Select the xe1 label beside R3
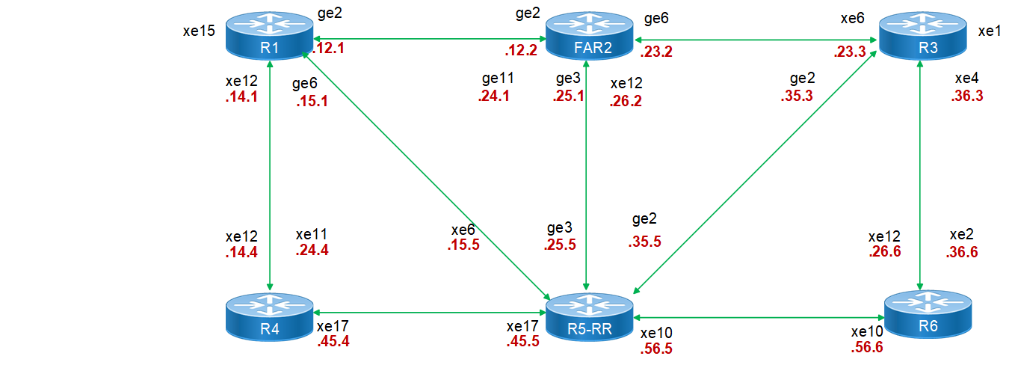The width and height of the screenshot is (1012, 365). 989,31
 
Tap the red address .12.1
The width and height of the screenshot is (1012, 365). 327,48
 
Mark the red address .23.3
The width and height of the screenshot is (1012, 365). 849,53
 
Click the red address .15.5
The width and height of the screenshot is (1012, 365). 463,245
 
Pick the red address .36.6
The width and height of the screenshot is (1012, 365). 961,252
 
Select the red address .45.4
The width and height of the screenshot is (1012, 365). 333,342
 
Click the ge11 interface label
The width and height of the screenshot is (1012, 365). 497,79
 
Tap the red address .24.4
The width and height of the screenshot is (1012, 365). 312,251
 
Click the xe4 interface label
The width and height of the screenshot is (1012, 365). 967,79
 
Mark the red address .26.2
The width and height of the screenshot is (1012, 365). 626,100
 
